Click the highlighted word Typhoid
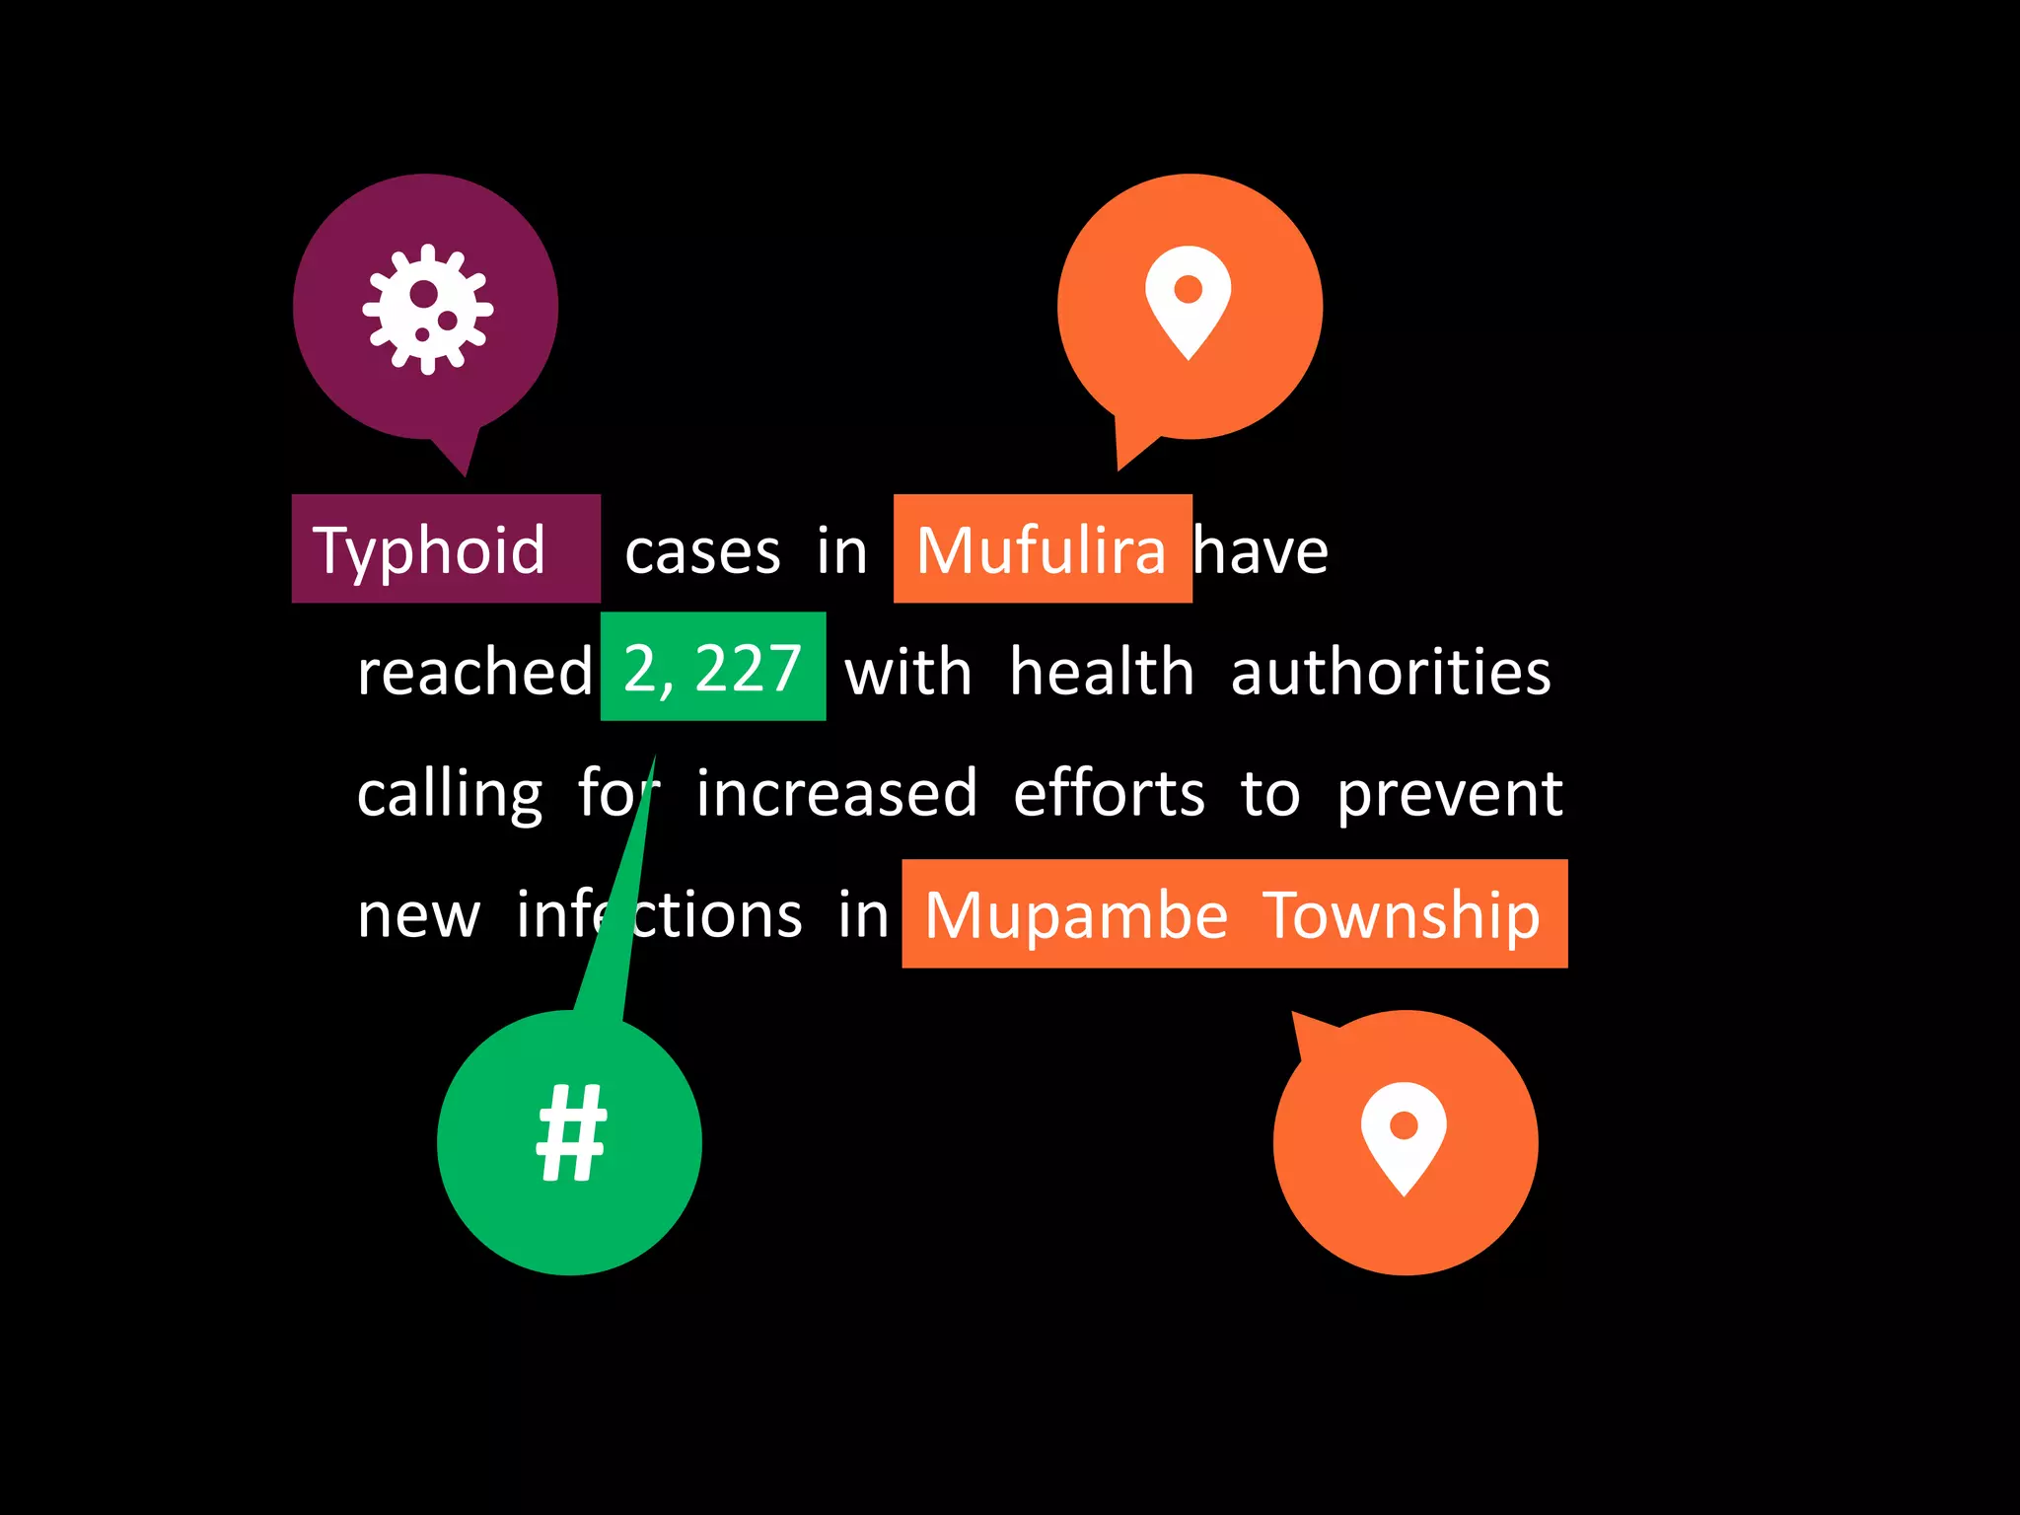click(429, 550)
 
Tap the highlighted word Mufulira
click(1041, 550)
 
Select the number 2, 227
click(712, 669)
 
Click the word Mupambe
click(1075, 915)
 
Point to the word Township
click(1402, 915)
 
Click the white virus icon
click(427, 309)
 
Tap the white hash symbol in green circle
click(571, 1133)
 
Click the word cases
click(702, 552)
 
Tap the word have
click(1262, 550)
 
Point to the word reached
click(474, 672)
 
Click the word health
click(1102, 672)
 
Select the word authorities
click(1391, 672)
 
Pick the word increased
click(836, 793)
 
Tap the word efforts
click(1109, 793)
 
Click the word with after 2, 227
click(908, 672)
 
